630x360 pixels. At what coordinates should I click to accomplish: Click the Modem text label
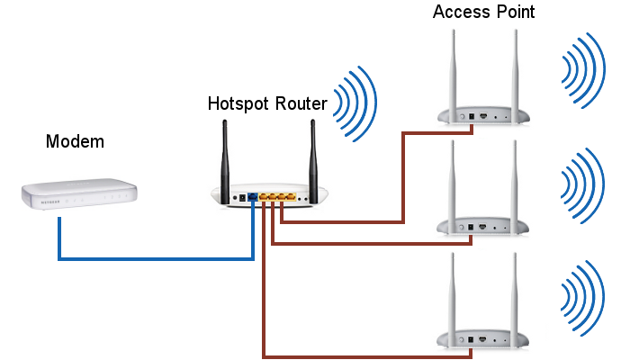[x=75, y=141]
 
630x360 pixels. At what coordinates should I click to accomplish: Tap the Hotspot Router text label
[x=267, y=103]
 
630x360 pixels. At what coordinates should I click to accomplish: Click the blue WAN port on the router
[x=254, y=195]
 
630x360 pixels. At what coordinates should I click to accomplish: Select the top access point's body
[x=481, y=115]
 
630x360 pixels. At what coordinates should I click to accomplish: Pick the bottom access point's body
[x=481, y=338]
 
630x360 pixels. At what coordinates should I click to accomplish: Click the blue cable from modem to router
[x=153, y=259]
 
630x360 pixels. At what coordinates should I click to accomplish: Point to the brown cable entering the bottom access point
[x=360, y=354]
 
